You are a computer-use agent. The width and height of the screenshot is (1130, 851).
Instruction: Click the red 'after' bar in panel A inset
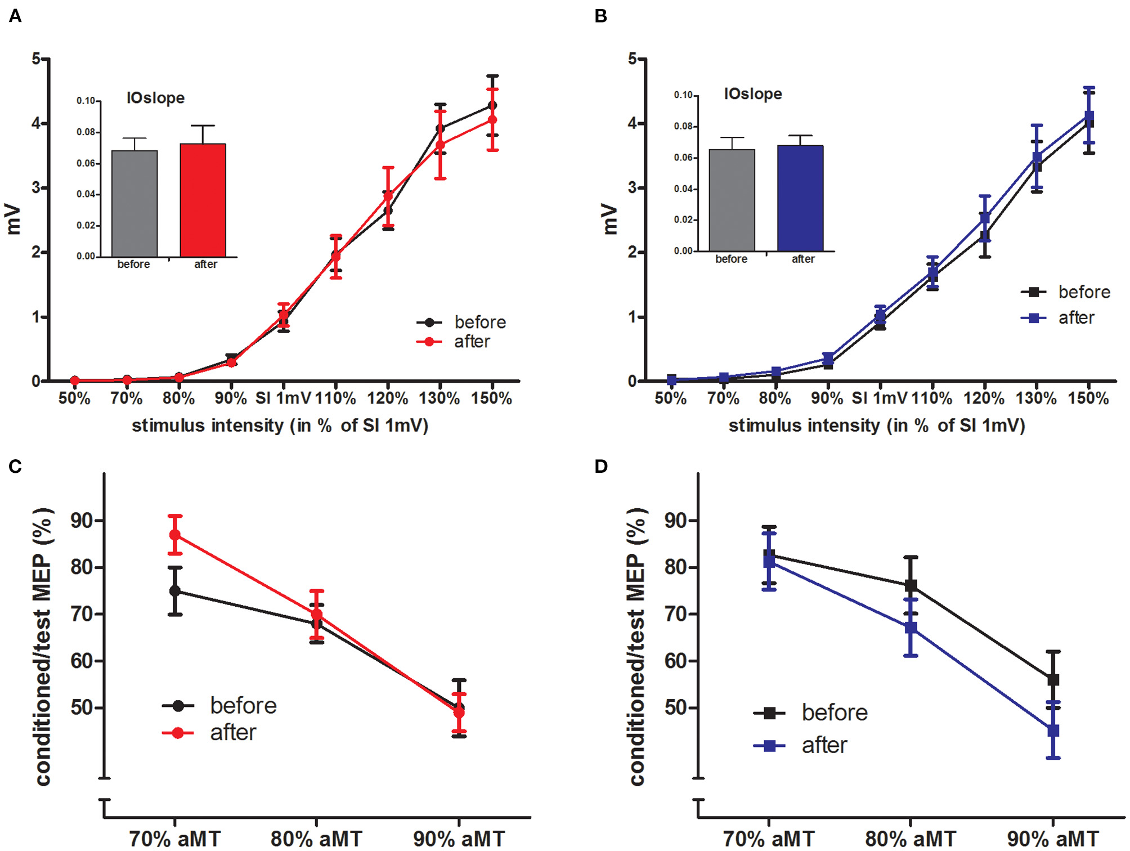[x=203, y=200]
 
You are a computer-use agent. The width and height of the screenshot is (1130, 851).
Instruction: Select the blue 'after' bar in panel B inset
[x=800, y=198]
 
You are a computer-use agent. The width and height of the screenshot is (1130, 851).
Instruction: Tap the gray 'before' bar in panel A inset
[x=134, y=204]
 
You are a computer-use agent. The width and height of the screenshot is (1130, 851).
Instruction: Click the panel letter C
[x=15, y=467]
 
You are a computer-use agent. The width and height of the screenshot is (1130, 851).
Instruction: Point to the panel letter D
[x=601, y=467]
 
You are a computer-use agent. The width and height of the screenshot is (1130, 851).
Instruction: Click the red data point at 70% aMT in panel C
[x=175, y=535]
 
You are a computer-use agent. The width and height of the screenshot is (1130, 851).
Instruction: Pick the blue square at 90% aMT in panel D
[x=1053, y=731]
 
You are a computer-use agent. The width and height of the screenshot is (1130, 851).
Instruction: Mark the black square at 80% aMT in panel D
[x=911, y=585]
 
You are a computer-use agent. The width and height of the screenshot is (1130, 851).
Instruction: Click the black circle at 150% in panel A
[x=492, y=105]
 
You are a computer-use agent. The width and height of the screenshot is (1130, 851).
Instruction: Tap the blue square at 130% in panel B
[x=1037, y=157]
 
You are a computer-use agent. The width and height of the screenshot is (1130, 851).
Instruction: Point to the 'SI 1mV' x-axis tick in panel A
[x=283, y=398]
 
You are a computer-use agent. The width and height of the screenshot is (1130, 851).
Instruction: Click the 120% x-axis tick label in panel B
[x=984, y=398]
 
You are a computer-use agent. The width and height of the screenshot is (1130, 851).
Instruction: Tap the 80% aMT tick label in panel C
[x=316, y=839]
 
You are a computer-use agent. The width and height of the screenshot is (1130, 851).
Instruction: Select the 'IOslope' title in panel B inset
[x=753, y=94]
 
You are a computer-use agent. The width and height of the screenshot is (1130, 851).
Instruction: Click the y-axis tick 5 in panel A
[x=37, y=59]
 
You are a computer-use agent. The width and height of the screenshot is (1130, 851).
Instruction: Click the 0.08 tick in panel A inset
[x=86, y=132]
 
